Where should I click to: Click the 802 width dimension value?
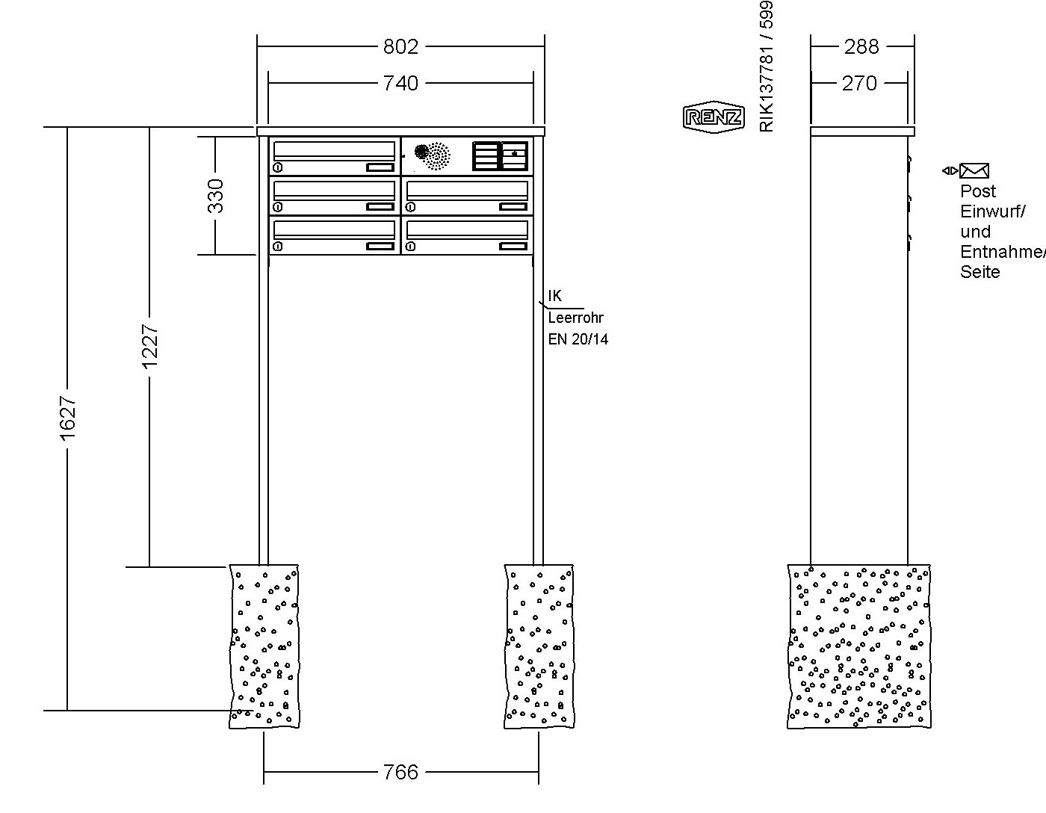(x=400, y=47)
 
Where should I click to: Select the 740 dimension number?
(x=400, y=83)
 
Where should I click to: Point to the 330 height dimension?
(x=215, y=196)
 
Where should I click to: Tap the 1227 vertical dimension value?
(x=150, y=345)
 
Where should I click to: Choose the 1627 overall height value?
(x=68, y=418)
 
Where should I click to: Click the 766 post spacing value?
(x=400, y=772)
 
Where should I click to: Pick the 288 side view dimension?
(x=861, y=47)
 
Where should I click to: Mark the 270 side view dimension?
(x=859, y=83)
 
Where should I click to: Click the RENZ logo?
(x=714, y=117)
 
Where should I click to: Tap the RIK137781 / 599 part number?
(x=767, y=67)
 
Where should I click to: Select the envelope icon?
(x=974, y=171)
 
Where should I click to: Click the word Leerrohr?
(x=575, y=318)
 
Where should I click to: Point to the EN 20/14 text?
(x=578, y=339)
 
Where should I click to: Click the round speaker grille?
(x=433, y=155)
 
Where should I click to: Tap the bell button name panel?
(x=501, y=156)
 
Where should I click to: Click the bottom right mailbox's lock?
(x=410, y=246)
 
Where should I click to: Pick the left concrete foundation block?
(x=264, y=646)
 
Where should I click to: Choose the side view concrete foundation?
(x=859, y=646)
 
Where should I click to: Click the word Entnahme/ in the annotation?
(x=1002, y=252)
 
